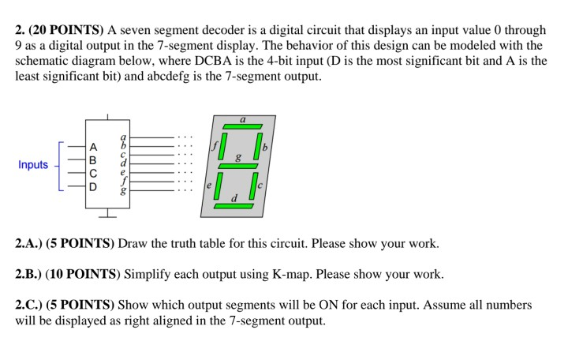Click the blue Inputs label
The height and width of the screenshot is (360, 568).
coord(33,165)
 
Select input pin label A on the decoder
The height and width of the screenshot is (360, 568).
coord(94,146)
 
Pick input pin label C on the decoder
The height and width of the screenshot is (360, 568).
coord(94,173)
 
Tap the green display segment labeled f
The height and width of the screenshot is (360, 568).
coord(224,146)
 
